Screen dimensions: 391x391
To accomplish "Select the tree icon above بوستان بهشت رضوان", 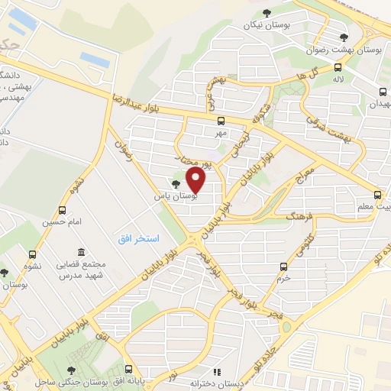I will (x=344, y=37).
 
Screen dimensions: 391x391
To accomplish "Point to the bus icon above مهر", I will (x=221, y=120).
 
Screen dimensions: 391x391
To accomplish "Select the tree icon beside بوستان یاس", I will (x=177, y=184).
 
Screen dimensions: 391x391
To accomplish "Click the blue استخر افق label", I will (x=138, y=239).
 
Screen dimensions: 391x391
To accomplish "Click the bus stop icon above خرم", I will (x=284, y=267).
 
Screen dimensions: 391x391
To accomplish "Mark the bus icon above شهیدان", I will (x=382, y=91).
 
